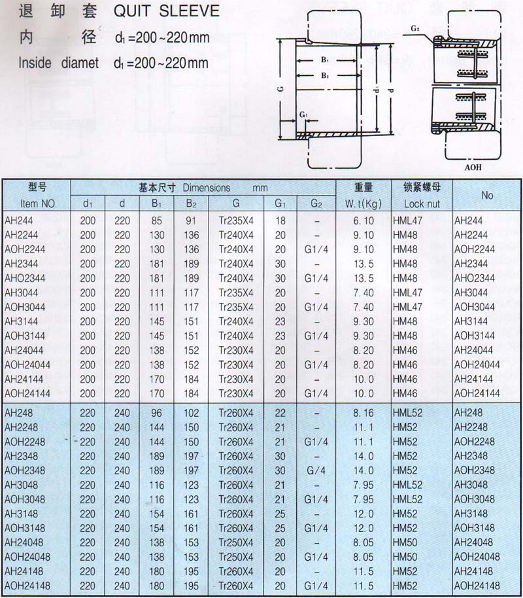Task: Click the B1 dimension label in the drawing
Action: coord(324,60)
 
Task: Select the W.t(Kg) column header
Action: coord(359,203)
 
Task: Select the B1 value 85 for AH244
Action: coord(156,221)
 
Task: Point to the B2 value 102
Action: coord(190,413)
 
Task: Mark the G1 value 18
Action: coord(280,221)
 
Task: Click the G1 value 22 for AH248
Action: coord(280,413)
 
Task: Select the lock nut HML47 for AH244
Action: coord(409,221)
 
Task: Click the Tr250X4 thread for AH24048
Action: coord(236,542)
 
